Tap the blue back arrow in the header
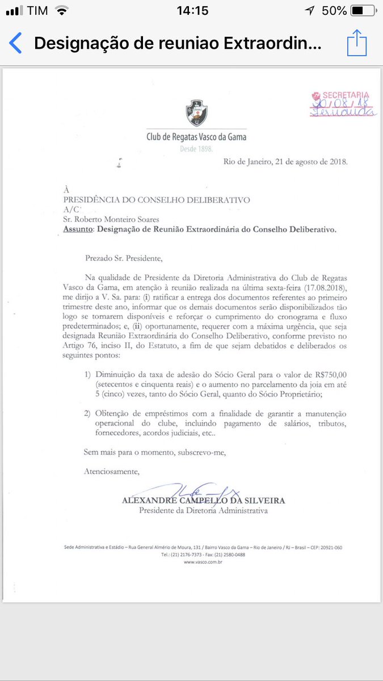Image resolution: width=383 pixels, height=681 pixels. (15, 43)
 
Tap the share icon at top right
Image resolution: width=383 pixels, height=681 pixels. (356, 43)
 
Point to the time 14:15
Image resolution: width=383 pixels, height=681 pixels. (192, 11)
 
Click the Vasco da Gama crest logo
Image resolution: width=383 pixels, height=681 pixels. (196, 113)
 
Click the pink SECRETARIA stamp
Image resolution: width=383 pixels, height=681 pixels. (343, 104)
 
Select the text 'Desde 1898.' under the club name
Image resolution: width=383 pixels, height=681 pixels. (196, 149)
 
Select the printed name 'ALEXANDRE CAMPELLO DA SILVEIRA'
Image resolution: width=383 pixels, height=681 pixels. (203, 501)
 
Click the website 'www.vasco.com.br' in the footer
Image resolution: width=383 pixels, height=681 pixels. (203, 561)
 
